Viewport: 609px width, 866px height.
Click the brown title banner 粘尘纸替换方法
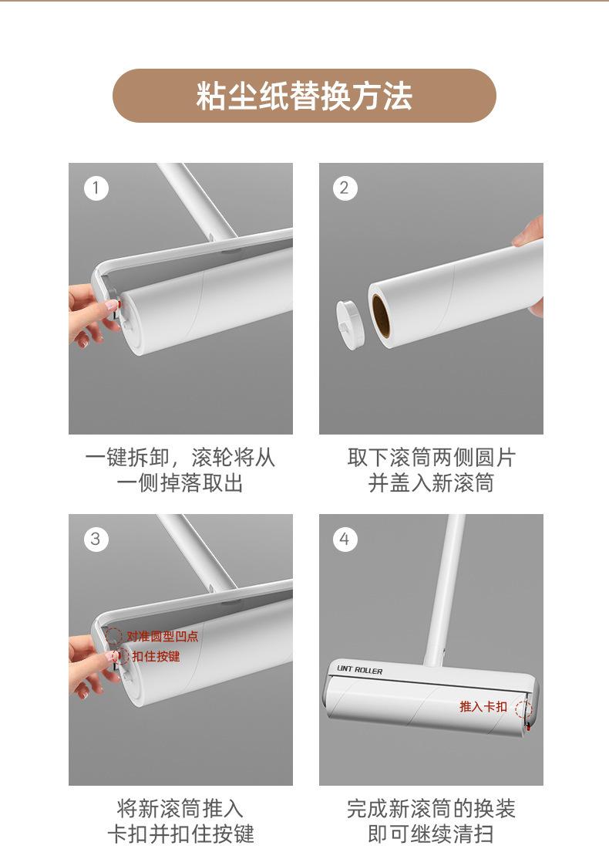[304, 96]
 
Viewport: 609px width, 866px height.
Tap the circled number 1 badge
[96, 188]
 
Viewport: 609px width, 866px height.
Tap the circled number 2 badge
[345, 188]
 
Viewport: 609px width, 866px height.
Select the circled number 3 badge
[96, 539]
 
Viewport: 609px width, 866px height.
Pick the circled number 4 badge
[345, 539]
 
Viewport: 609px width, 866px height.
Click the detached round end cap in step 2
[350, 324]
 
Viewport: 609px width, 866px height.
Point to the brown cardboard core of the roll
[381, 316]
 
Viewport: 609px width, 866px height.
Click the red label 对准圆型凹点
[162, 636]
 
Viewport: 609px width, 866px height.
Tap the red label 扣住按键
[156, 656]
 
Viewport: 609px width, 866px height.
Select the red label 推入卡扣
[483, 706]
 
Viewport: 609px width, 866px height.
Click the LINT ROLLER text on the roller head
[360, 670]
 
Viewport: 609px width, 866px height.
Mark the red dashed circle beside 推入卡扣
[524, 709]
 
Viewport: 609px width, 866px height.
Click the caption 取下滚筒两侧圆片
[432, 458]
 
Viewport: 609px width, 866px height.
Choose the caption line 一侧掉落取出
[180, 482]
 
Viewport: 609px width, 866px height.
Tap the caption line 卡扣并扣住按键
[180, 834]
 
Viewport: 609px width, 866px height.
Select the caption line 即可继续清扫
[431, 834]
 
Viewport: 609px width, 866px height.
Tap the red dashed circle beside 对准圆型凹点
[113, 636]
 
